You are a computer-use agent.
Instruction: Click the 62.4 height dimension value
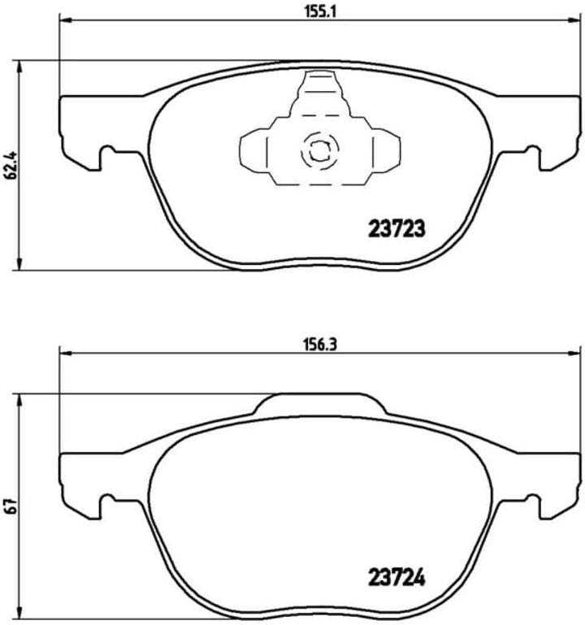[9, 165]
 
